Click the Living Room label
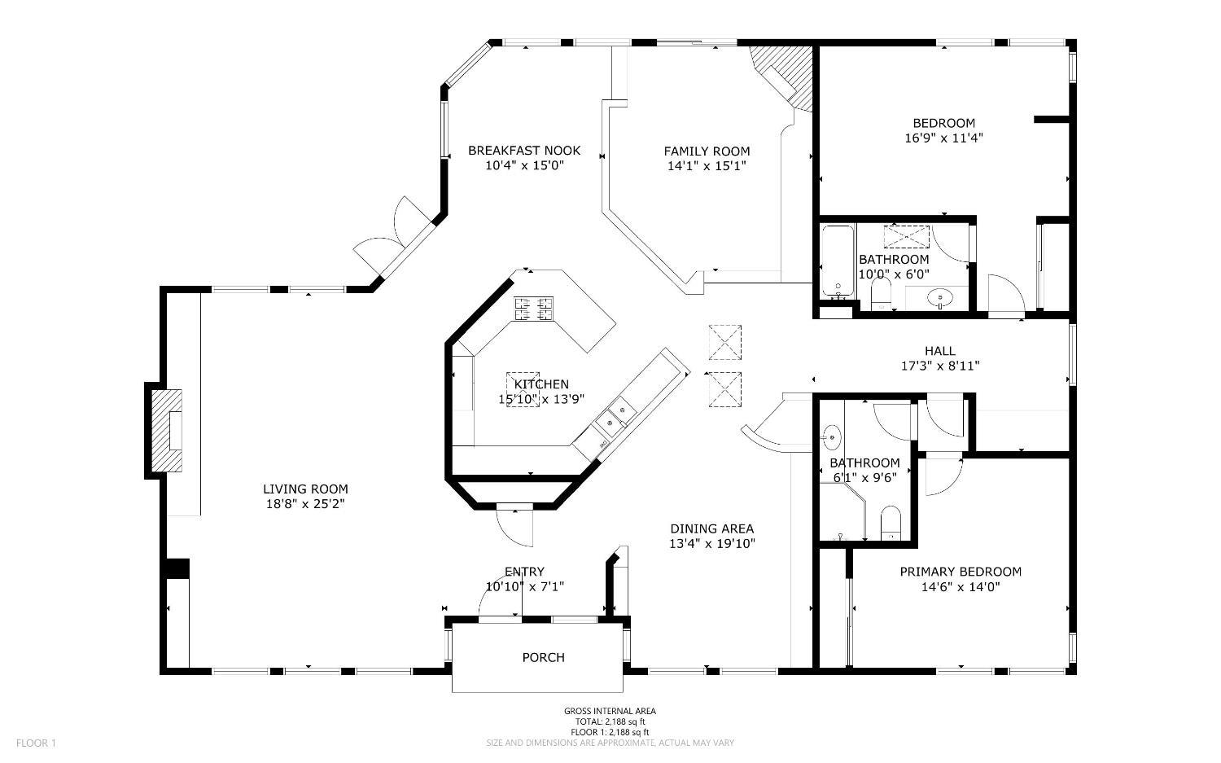pyautogui.click(x=305, y=489)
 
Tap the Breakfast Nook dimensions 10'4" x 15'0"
pyautogui.click(x=524, y=165)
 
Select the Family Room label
pyautogui.click(x=707, y=151)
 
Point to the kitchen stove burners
pyautogui.click(x=533, y=309)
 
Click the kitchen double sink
pyautogui.click(x=615, y=418)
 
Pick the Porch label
pyautogui.click(x=543, y=658)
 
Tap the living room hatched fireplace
pyautogui.click(x=167, y=430)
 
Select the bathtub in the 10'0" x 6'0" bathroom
pyautogui.click(x=838, y=261)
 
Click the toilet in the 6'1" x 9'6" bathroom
pyautogui.click(x=891, y=523)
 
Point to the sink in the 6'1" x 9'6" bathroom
pyautogui.click(x=832, y=437)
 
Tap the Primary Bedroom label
pyautogui.click(x=961, y=572)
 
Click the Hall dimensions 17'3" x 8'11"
pyautogui.click(x=940, y=366)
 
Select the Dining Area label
pyautogui.click(x=712, y=528)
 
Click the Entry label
pyautogui.click(x=524, y=572)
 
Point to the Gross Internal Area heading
pyautogui.click(x=610, y=711)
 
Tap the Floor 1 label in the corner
pyautogui.click(x=36, y=743)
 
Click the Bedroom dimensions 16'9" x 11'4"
pyautogui.click(x=944, y=138)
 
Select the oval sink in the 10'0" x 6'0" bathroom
pyautogui.click(x=940, y=298)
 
